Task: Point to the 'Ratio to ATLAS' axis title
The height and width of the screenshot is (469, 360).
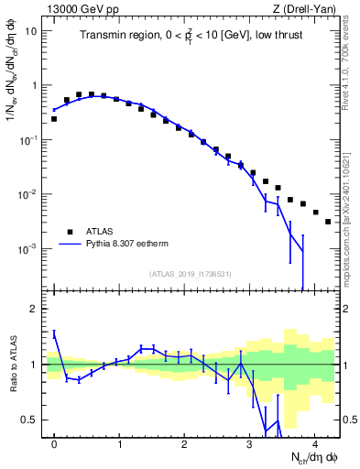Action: click(x=12, y=365)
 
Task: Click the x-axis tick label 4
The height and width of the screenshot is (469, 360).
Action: click(x=314, y=443)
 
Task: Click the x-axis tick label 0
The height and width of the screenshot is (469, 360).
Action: click(x=54, y=443)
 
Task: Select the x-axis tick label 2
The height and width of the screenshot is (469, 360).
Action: click(x=184, y=443)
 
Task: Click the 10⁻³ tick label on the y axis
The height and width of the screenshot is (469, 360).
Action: click(x=28, y=249)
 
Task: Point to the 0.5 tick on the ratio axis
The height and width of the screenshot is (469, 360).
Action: click(x=29, y=420)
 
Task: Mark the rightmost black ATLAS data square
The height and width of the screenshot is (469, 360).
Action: click(x=328, y=222)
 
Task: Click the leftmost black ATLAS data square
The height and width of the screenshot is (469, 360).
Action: click(x=54, y=119)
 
